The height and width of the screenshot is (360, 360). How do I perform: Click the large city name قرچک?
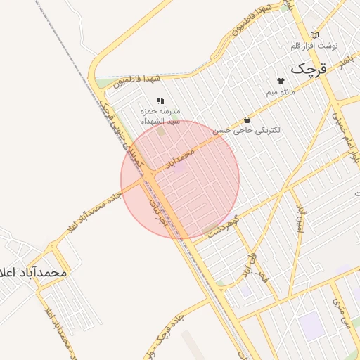[310, 69]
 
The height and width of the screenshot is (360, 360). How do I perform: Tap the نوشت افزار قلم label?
[314, 46]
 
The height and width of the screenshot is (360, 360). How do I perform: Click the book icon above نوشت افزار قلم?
[314, 34]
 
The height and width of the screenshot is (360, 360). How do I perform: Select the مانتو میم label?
[281, 92]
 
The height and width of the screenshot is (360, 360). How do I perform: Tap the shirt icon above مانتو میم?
[281, 81]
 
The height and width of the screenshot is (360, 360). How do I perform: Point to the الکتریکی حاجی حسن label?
[247, 130]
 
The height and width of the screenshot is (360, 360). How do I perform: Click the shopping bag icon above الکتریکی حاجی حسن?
[247, 120]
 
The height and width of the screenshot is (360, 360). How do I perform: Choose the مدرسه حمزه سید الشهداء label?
[161, 116]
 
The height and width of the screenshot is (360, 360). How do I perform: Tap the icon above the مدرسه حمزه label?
[160, 101]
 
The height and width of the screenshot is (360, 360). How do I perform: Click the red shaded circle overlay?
[180, 179]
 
